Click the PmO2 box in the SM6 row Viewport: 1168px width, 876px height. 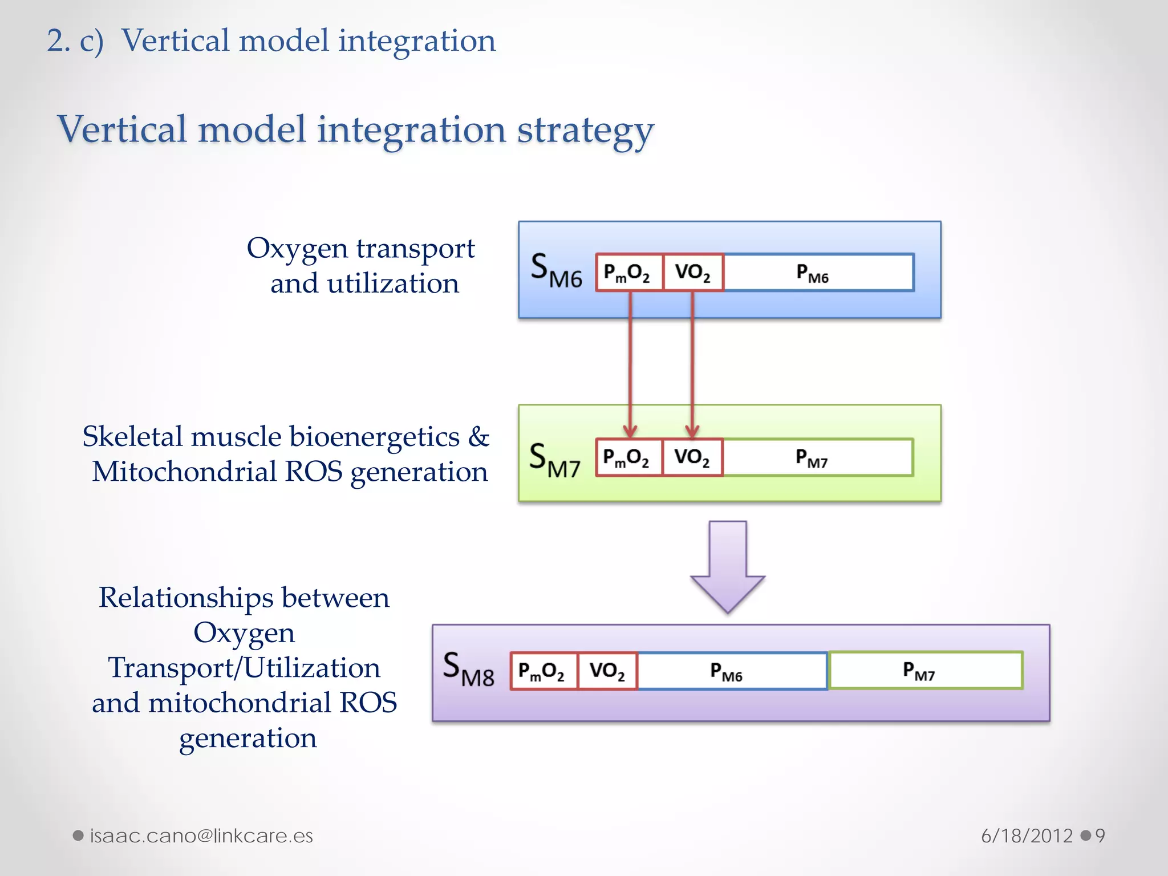click(x=629, y=273)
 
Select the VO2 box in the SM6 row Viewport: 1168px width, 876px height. click(x=693, y=273)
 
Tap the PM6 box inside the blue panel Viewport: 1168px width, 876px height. click(x=818, y=273)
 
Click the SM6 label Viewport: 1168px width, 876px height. click(x=556, y=270)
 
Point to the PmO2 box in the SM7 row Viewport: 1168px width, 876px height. click(x=628, y=457)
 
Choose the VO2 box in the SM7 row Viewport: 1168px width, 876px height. click(x=692, y=457)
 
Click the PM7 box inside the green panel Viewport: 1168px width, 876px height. click(x=817, y=457)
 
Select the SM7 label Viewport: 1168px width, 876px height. click(x=554, y=460)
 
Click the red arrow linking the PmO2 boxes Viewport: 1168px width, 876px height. click(x=630, y=365)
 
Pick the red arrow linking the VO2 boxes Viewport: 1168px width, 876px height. click(x=692, y=365)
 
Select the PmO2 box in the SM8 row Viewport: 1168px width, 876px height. click(x=544, y=671)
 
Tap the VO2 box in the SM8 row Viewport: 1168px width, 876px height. click(x=607, y=671)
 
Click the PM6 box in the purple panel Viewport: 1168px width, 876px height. click(x=732, y=671)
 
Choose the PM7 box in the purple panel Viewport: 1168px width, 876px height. click(x=925, y=671)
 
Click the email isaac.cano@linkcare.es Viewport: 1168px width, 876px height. click(x=201, y=836)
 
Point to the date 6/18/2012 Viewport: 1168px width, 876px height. click(x=1027, y=836)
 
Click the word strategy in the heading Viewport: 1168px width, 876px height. click(x=585, y=131)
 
